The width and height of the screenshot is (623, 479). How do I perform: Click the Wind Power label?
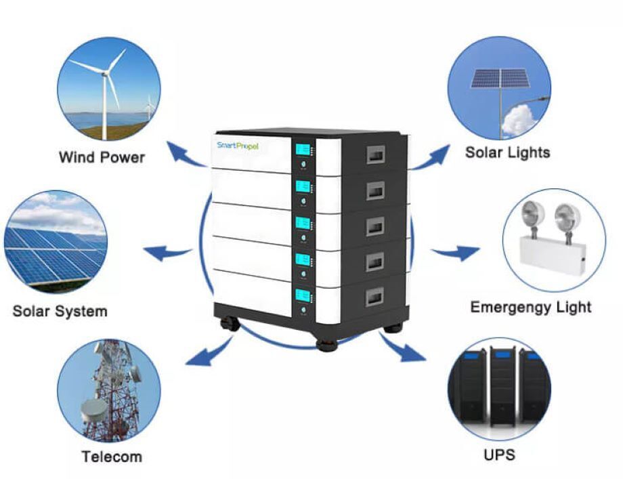pos(102,157)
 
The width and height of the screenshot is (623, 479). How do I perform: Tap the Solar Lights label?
pos(507,152)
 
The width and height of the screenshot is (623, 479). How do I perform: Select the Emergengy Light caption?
pos(530,307)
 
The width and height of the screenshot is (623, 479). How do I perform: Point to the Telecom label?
pos(112,456)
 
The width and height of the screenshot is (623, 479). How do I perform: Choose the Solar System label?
pos(60,312)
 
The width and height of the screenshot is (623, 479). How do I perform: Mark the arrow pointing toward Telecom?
pos(207,352)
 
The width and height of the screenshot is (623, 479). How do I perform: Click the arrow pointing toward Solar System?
pos(167,253)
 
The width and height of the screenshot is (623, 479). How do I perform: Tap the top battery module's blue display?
pos(303,150)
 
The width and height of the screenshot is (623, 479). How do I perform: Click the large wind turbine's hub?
pos(106,71)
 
